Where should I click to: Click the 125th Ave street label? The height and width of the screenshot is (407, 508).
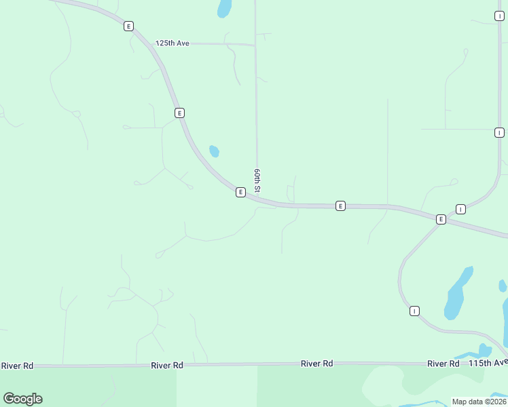172,43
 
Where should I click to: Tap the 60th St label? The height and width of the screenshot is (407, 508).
257,181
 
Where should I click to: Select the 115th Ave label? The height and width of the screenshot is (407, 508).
488,364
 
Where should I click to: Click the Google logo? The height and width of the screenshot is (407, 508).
23,399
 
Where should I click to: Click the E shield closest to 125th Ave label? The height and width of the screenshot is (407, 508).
128,26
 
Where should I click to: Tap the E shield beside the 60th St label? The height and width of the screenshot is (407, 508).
240,193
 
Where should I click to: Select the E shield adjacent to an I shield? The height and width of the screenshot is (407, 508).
441,219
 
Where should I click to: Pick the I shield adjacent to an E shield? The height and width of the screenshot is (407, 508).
460,209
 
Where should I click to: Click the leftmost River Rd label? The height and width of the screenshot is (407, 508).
17,366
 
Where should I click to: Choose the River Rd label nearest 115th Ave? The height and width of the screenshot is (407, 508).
443,364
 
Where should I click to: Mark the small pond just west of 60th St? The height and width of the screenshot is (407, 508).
214,151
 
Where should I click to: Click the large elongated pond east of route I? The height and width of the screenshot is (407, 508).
457,294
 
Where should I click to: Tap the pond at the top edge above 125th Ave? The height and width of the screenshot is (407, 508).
223,8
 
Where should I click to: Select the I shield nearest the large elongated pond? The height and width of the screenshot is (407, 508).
414,311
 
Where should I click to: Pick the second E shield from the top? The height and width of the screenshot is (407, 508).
179,113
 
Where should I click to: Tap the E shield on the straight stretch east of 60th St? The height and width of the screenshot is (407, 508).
340,206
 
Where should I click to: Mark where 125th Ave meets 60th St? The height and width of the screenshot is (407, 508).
255,45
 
